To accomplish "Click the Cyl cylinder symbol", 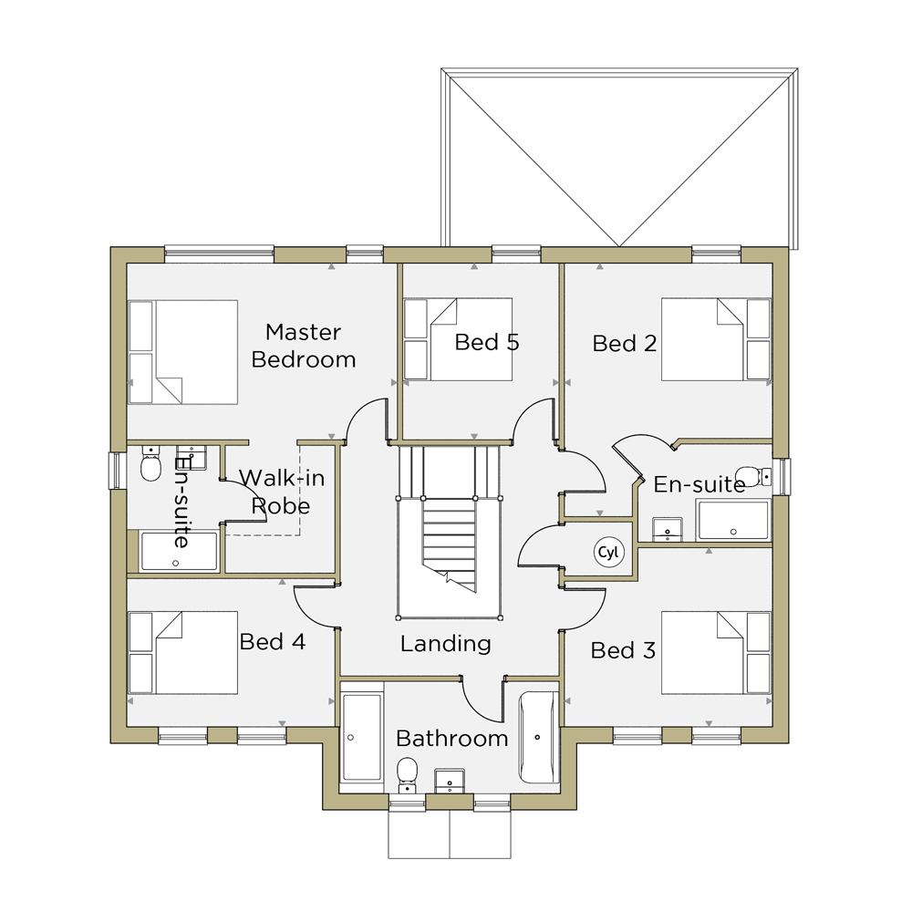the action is [x=608, y=552].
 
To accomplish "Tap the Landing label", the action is [x=446, y=643].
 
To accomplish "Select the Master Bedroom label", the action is [x=303, y=346].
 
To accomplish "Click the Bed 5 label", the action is [x=487, y=342].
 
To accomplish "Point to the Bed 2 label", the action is [x=625, y=343].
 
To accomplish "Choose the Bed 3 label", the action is [x=623, y=650].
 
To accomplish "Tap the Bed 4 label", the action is [x=272, y=641].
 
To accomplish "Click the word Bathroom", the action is [x=452, y=739].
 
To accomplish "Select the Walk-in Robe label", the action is [x=282, y=492].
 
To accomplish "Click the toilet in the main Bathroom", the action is [x=407, y=774].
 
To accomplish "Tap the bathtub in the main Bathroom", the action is [x=539, y=738].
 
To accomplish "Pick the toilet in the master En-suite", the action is [x=151, y=463].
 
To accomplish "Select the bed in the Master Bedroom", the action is [x=182, y=352].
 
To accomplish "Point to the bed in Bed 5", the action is [x=458, y=339].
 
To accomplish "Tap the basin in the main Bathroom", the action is [x=450, y=781].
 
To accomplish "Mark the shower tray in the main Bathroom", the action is [x=362, y=737].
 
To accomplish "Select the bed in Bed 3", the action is [x=716, y=653].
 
